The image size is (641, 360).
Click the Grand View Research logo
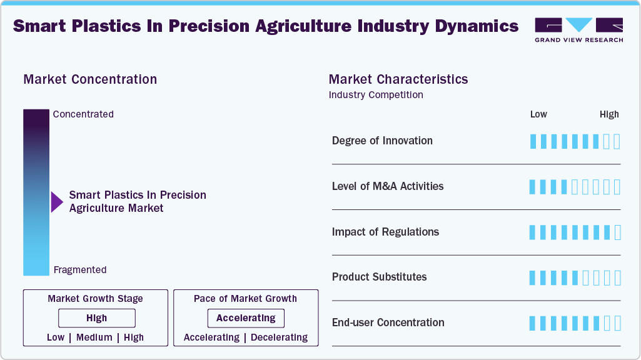578,29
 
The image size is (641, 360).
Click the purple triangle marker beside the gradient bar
57,202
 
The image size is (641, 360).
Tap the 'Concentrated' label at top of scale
83,114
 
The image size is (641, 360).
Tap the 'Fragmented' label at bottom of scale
80,270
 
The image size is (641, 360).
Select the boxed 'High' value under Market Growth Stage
96,318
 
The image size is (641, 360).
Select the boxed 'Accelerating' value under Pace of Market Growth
246,318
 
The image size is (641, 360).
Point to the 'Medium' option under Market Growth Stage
94,337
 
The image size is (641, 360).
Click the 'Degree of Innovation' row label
382,141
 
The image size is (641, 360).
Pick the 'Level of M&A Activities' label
388,186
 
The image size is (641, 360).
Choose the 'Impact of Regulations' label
385,232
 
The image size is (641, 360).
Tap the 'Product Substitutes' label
379,277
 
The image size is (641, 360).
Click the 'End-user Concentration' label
388,322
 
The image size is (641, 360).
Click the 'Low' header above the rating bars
538,114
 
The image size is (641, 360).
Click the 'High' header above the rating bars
609,114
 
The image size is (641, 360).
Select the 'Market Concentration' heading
90,79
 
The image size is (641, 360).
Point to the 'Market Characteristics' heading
398,79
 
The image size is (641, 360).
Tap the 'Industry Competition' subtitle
376,95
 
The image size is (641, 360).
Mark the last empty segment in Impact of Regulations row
618,232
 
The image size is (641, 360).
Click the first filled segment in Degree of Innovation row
533,141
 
